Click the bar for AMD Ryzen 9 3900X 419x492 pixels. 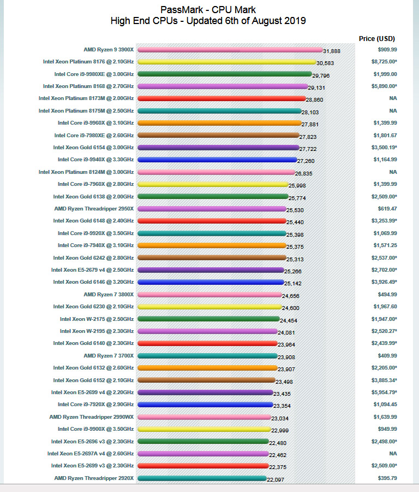coord(229,50)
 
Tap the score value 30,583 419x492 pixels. coord(327,63)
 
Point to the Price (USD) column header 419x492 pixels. coord(377,38)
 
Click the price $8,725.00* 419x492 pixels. coord(385,62)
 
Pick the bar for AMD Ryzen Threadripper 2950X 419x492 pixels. coord(212,209)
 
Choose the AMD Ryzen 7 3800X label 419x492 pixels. coord(109,294)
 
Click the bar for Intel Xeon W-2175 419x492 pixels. coord(208,319)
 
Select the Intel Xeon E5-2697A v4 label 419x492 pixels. coord(91,453)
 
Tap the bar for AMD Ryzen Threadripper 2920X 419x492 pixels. coord(202,478)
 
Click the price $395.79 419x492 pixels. coord(387,478)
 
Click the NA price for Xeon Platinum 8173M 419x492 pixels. coord(392,98)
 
